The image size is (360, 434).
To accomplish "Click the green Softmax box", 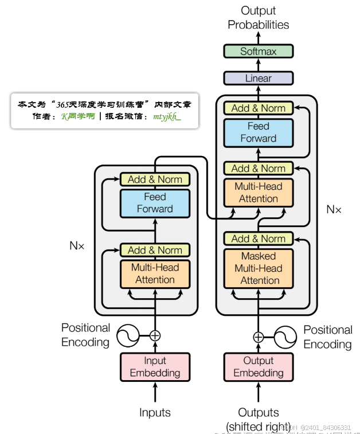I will [x=258, y=51].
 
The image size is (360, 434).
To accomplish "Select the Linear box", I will [x=258, y=78].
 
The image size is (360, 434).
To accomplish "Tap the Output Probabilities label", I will [x=258, y=18].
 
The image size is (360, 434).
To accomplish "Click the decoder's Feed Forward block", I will [x=258, y=132].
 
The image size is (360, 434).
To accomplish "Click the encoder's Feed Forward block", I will [x=155, y=203].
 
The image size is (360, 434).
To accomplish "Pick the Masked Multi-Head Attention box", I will [x=258, y=268].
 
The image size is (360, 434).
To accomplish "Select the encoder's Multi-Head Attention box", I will [x=155, y=273].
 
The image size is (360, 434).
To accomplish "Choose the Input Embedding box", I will [x=155, y=367].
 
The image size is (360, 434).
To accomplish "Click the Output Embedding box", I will [x=258, y=367].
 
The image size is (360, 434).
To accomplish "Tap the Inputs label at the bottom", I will [x=155, y=412].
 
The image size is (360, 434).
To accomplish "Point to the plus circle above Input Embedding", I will [x=155, y=336].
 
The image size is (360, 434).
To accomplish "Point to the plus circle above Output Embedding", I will [x=259, y=337].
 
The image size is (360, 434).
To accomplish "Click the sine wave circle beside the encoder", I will [x=127, y=336].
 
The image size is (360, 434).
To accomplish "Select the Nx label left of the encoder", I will [x=77, y=245].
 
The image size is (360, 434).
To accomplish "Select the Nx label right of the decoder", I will [x=334, y=209].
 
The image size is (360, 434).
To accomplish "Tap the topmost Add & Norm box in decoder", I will [x=258, y=108].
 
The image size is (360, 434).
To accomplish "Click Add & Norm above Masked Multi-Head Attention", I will [x=258, y=238].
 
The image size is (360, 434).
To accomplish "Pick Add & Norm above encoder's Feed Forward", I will [x=155, y=179].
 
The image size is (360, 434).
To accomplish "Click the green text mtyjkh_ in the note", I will [x=167, y=116].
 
